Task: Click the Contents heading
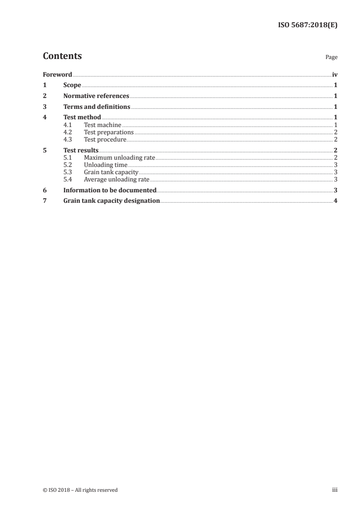62,56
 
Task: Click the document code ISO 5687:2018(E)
307,25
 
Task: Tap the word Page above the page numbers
331,58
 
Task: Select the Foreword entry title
57,74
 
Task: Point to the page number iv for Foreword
335,74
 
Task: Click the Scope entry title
72,85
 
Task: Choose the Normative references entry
96,96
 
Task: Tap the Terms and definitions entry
97,107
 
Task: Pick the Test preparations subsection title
109,132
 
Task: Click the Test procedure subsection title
105,139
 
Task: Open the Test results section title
81,151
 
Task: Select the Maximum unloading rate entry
119,158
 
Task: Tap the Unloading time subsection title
105,165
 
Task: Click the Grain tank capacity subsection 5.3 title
111,172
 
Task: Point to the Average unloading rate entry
117,180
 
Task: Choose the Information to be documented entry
110,191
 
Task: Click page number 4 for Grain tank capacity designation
335,201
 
